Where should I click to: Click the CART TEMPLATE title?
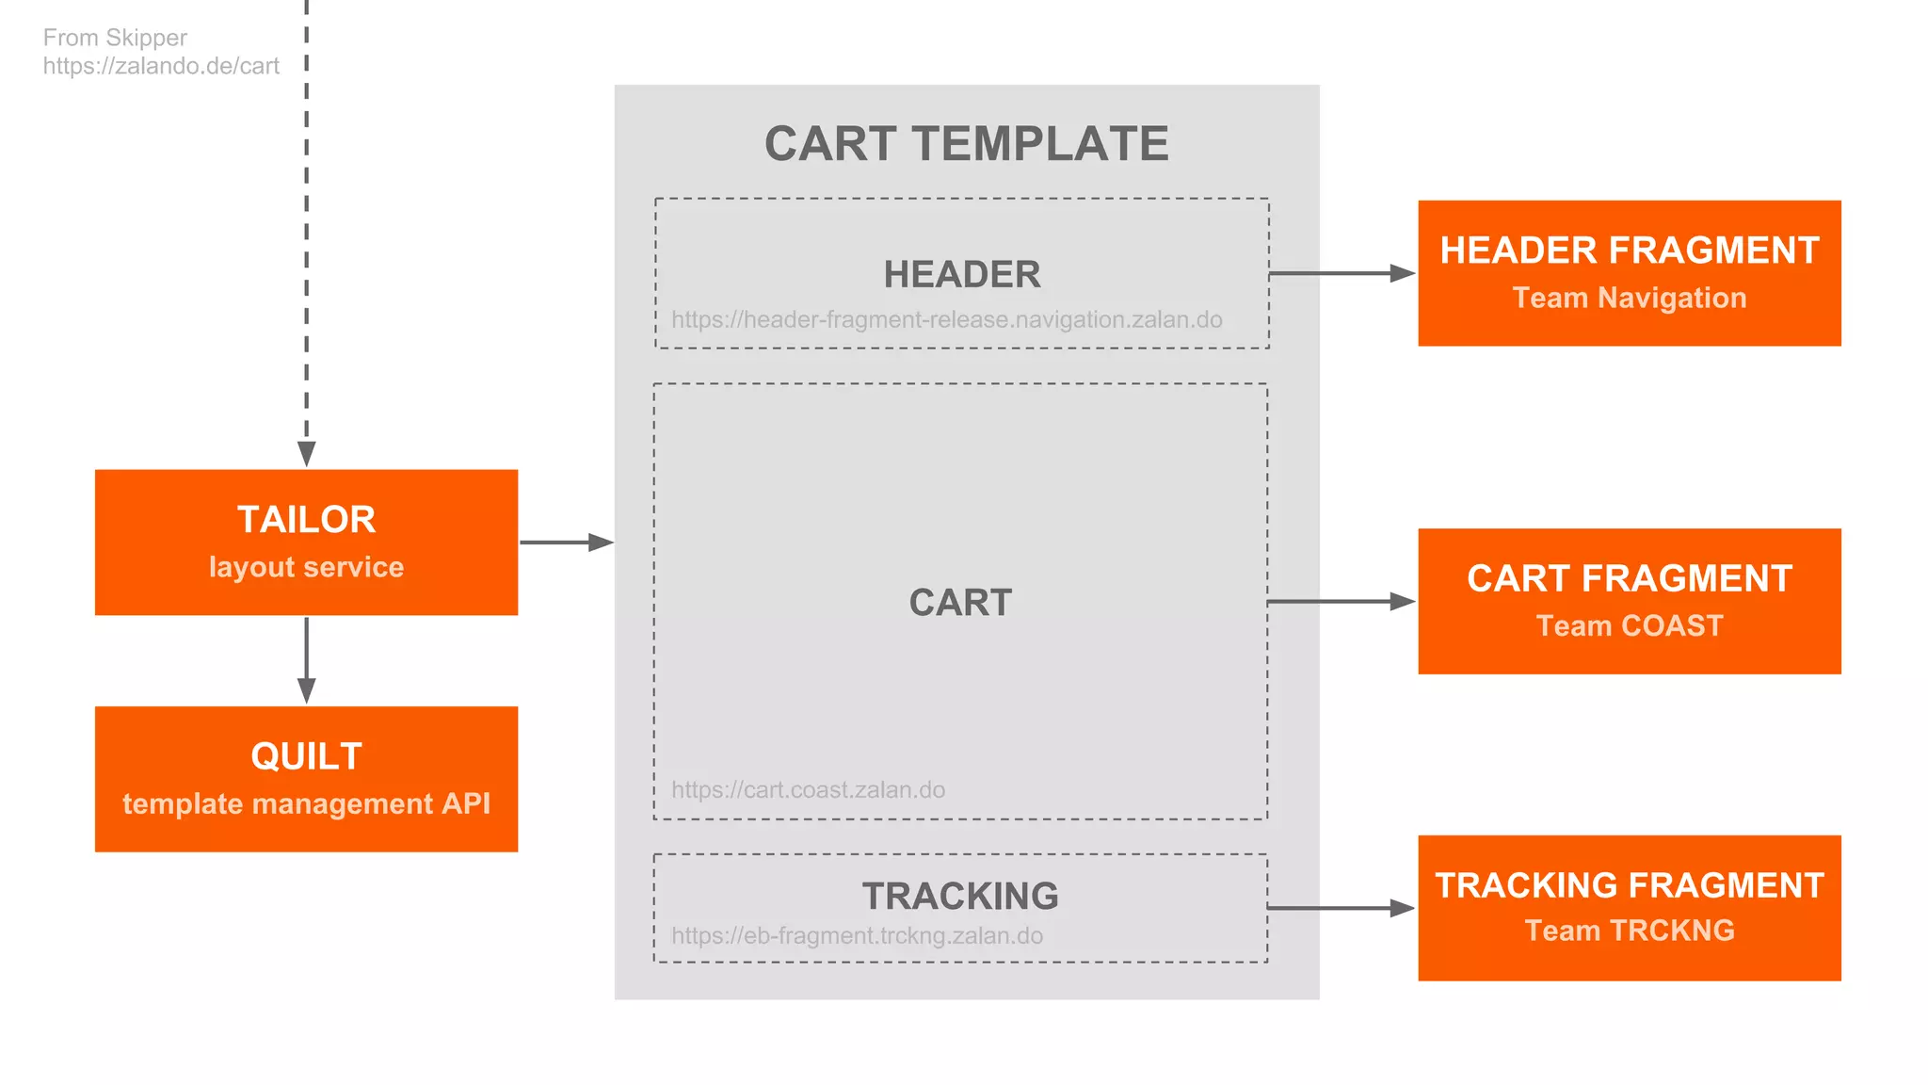[x=966, y=144]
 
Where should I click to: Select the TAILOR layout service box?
[x=306, y=542]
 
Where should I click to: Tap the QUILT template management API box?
[x=306, y=779]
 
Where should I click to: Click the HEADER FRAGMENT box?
[x=1629, y=272]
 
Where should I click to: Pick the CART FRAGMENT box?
[x=1629, y=601]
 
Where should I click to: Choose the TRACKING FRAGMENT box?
[x=1629, y=907]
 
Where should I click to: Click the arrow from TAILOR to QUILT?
[x=306, y=660]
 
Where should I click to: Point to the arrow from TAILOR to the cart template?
[x=566, y=542]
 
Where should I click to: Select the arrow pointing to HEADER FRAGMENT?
[x=1342, y=273]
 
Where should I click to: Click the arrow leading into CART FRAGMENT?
[x=1342, y=601]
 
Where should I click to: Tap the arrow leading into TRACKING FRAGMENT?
[x=1342, y=908]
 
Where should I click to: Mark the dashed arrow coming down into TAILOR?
[x=306, y=235]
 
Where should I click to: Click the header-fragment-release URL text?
[x=946, y=320]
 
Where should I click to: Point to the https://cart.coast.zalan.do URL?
[x=808, y=789]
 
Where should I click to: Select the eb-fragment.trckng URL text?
[x=857, y=935]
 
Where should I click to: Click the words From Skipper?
[x=115, y=38]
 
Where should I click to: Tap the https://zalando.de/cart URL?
[x=161, y=66]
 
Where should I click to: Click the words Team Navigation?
[x=1629, y=298]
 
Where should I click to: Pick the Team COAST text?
[x=1629, y=625]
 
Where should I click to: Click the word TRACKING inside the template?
[x=960, y=896]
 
